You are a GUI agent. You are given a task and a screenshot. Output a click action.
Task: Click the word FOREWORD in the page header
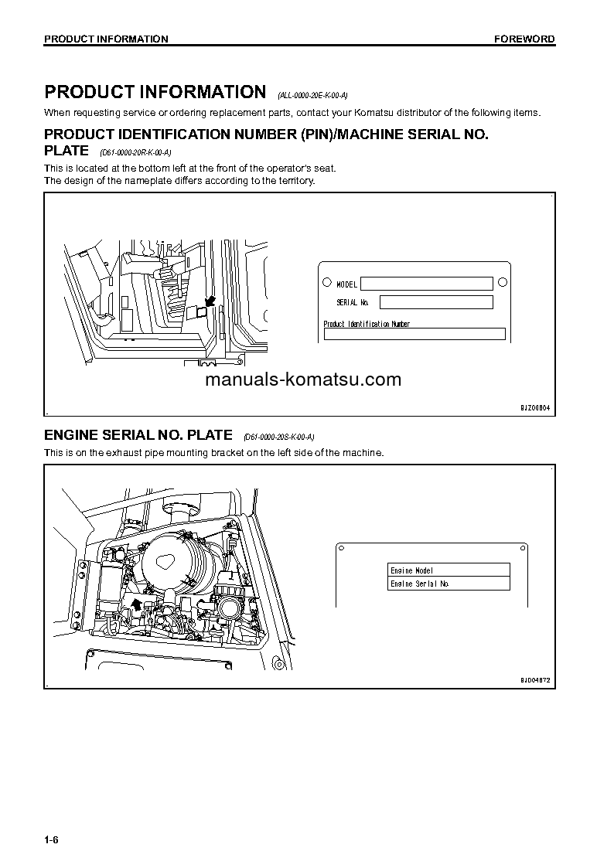coord(524,39)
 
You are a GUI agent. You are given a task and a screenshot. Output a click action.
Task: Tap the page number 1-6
coord(51,839)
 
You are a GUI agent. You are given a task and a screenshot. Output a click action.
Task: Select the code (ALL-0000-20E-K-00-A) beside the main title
coord(312,96)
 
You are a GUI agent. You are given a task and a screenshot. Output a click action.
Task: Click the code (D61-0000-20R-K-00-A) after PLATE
coord(135,153)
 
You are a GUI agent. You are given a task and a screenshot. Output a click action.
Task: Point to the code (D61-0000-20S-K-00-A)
coord(278,437)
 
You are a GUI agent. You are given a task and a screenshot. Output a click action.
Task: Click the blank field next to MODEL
coord(426,284)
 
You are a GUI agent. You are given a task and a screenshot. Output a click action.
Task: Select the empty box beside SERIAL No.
coord(435,302)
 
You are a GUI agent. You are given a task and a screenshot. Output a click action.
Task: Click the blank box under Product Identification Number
coord(414,334)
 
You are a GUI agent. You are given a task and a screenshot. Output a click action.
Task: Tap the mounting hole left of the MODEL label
coord(327,283)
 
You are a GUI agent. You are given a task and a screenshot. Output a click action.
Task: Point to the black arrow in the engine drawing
coord(137,604)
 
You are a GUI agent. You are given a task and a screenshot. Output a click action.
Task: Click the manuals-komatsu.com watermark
coord(303,380)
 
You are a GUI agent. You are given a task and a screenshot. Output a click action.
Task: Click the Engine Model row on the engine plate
coord(449,570)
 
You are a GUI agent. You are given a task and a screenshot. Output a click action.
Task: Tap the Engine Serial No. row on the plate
coord(449,584)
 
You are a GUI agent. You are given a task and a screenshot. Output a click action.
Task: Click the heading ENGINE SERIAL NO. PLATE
coord(138,434)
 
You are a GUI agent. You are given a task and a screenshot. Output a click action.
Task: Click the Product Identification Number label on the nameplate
coord(367,324)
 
